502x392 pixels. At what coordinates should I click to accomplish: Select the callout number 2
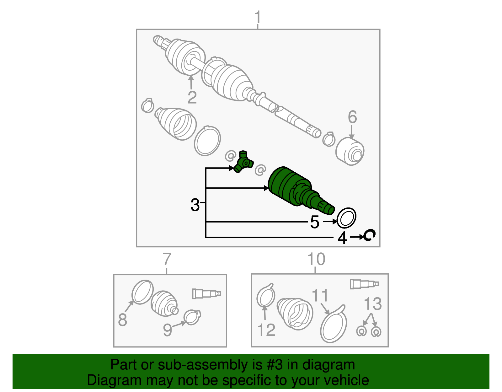(192, 97)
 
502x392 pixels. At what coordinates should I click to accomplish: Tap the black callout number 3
(195, 205)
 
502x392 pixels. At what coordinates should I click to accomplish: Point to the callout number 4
(342, 238)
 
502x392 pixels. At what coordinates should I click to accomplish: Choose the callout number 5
(314, 222)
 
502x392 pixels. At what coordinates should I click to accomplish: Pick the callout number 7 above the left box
(167, 259)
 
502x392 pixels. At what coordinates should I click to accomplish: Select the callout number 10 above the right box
(316, 259)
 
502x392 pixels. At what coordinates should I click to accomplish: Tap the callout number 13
(373, 304)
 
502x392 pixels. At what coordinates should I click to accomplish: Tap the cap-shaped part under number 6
(350, 152)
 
